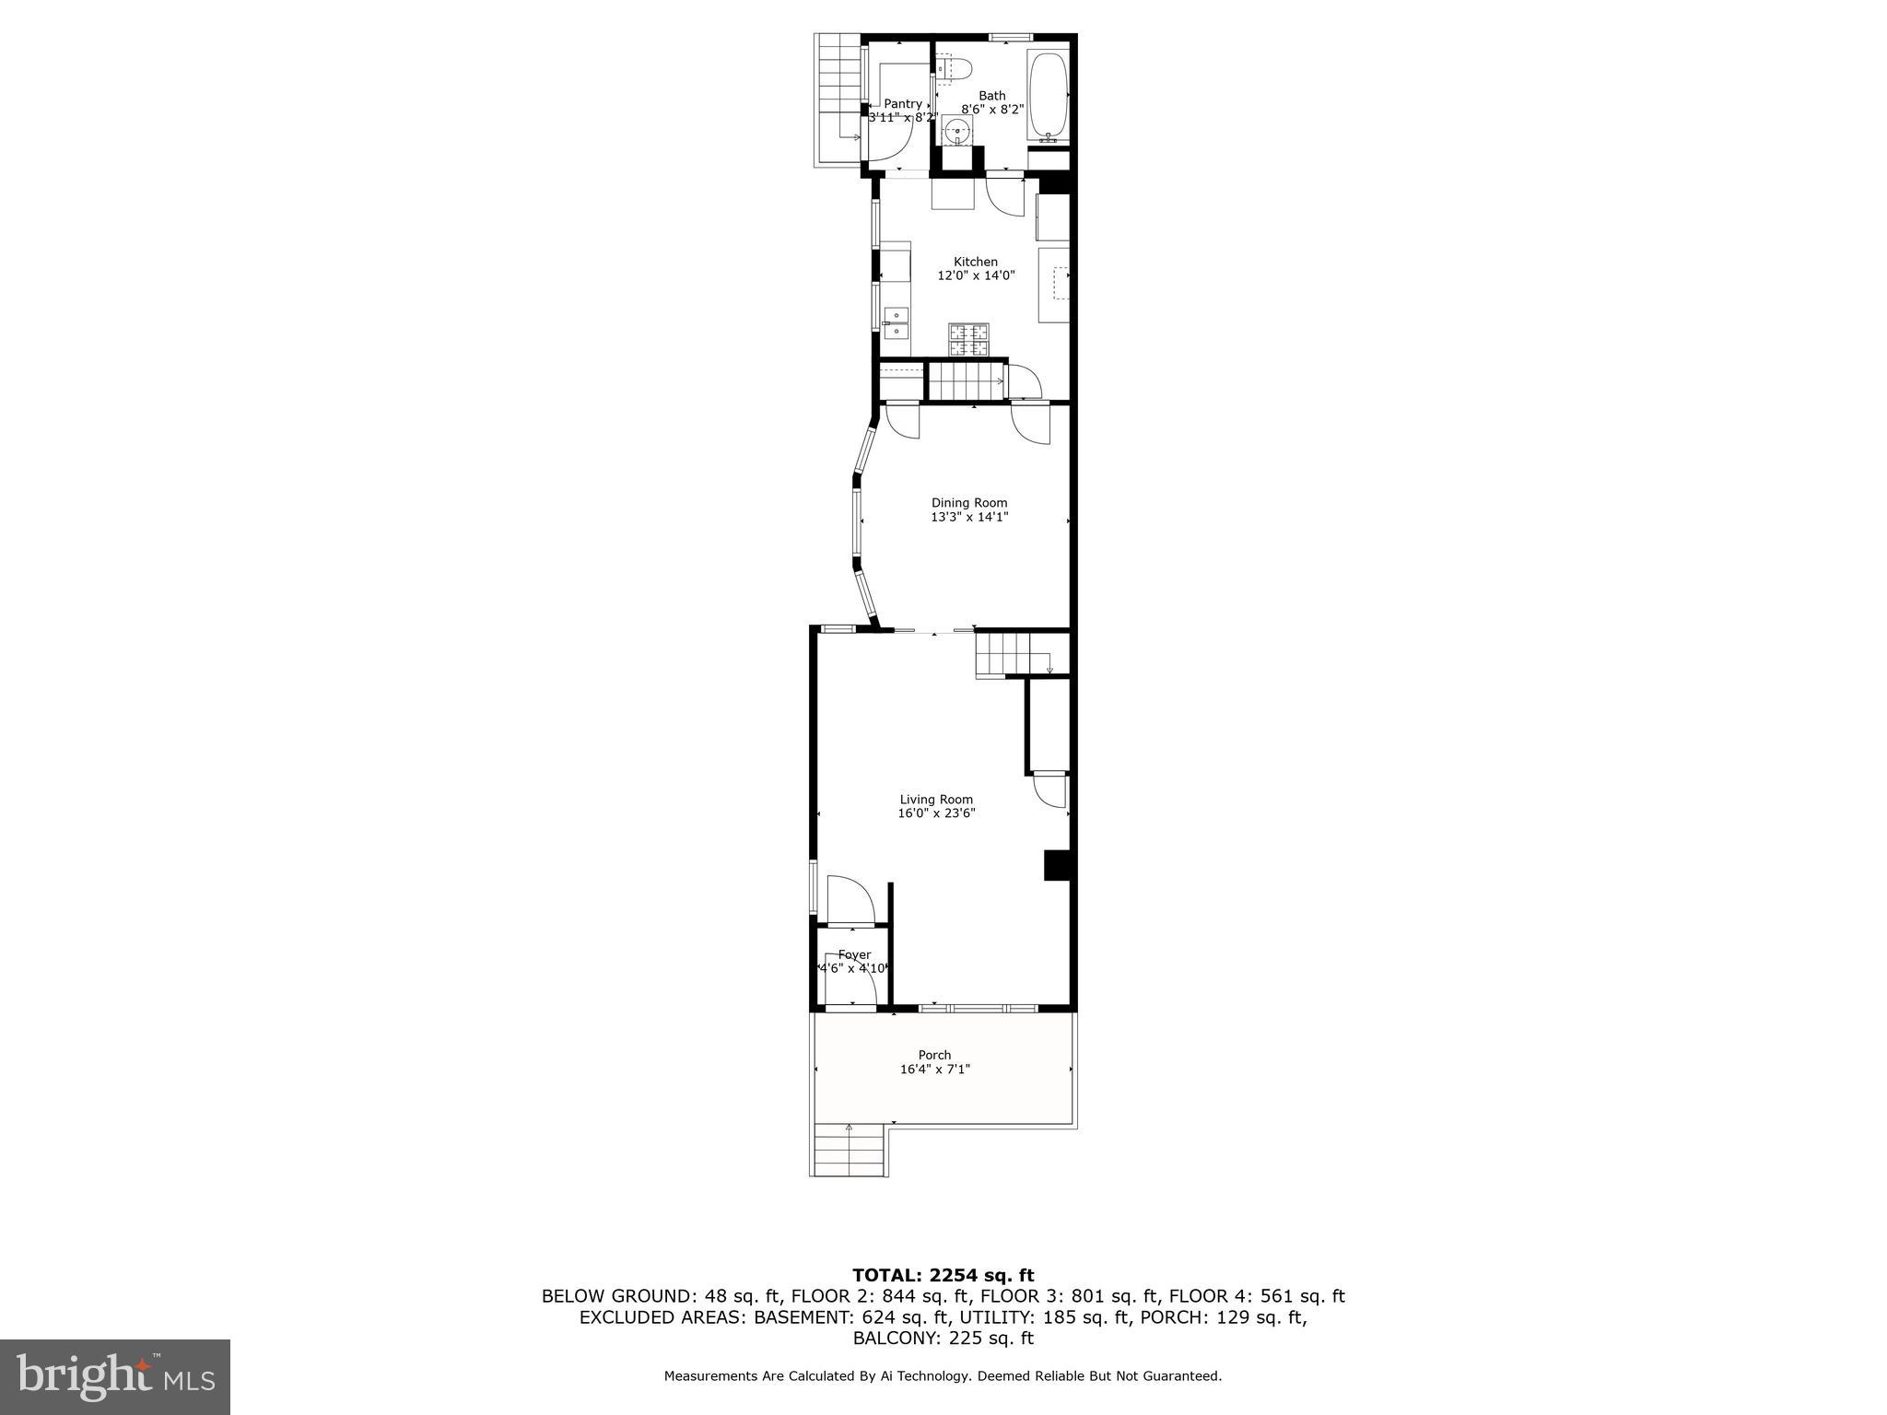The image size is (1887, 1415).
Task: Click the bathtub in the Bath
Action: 1048,95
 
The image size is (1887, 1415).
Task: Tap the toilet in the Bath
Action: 954,68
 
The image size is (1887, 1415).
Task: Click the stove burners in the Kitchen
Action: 968,340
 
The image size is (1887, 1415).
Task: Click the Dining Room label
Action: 969,502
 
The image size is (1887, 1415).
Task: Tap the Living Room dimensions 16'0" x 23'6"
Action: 936,813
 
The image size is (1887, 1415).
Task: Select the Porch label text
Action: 934,1055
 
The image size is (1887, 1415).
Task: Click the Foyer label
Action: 854,954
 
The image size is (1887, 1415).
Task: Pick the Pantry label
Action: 902,104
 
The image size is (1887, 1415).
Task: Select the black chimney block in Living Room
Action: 1056,866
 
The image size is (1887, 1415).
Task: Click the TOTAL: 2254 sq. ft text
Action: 943,1275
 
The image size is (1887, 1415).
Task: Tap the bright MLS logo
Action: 115,1376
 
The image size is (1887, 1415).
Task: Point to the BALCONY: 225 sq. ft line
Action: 943,1338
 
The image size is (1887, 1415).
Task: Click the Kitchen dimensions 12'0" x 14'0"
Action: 976,275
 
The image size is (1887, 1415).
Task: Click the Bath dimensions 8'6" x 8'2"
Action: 992,109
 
